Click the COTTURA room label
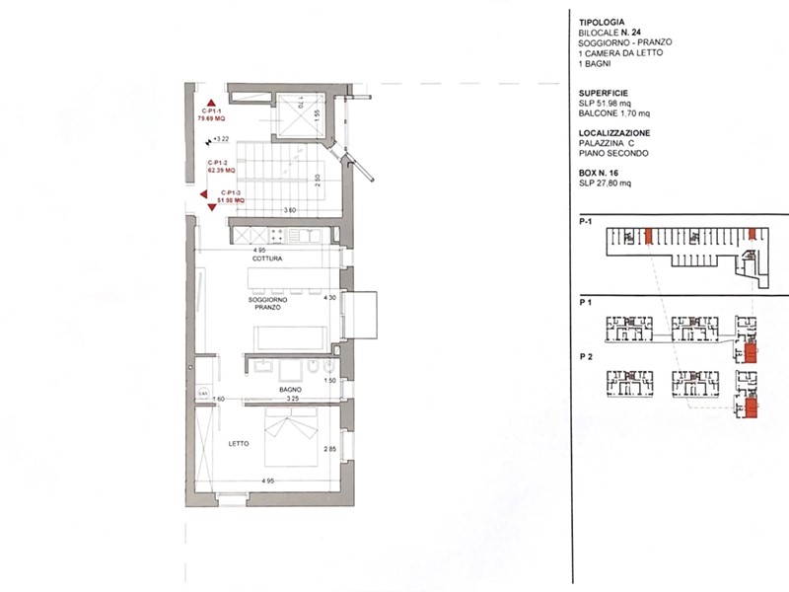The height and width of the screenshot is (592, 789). [x=267, y=259]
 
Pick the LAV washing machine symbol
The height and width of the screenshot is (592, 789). [x=203, y=395]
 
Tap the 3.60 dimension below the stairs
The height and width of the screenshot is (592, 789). [x=290, y=210]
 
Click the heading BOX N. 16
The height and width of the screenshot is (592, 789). [x=600, y=174]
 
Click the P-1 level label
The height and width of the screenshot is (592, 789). [x=585, y=223]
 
